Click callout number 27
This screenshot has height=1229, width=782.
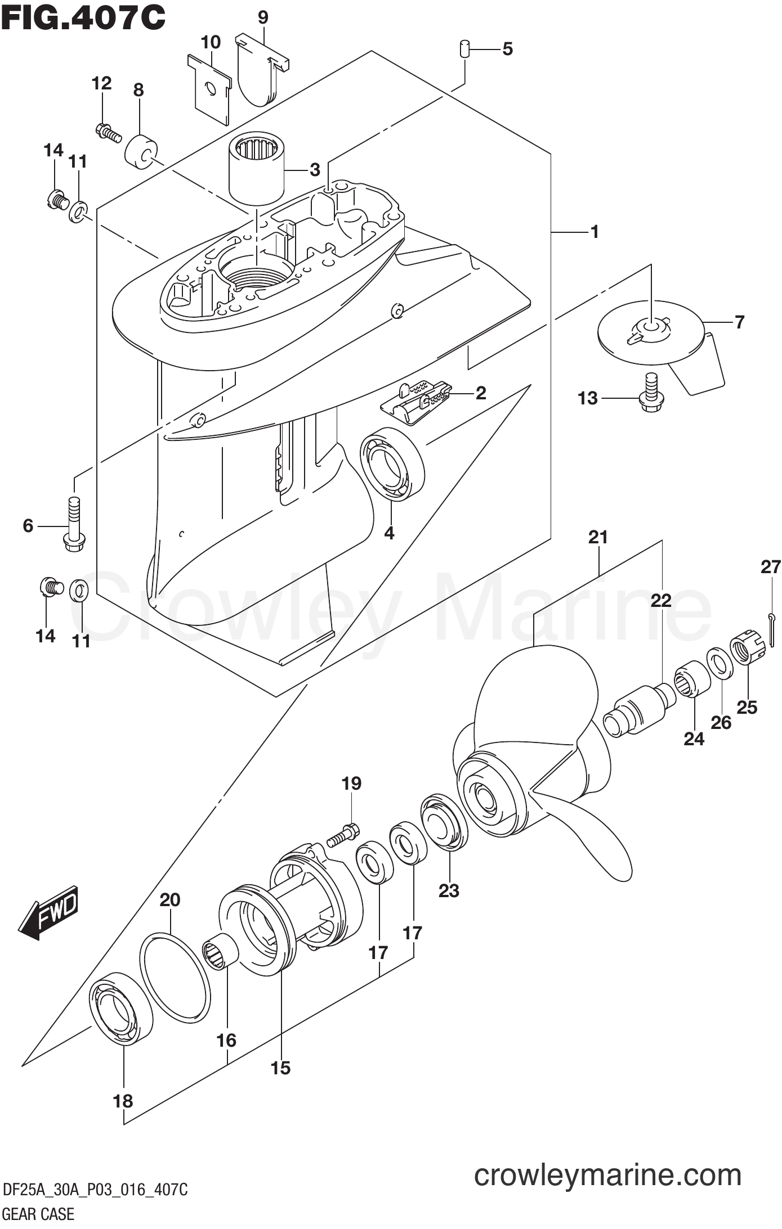pyautogui.click(x=771, y=567)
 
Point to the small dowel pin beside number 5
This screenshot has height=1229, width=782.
pyautogui.click(x=464, y=48)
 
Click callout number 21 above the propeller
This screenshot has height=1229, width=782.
pyautogui.click(x=598, y=538)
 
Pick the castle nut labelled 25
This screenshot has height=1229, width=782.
pyautogui.click(x=748, y=650)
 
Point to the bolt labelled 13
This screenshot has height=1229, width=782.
pyautogui.click(x=652, y=393)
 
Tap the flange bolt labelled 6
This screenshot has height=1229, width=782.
pyautogui.click(x=73, y=525)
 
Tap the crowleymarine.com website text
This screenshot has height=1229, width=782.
pyautogui.click(x=607, y=1176)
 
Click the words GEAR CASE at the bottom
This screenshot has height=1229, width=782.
pyautogui.click(x=39, y=1215)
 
